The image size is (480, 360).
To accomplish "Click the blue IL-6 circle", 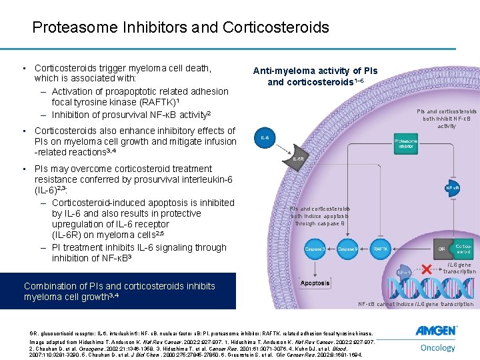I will coord(265,138).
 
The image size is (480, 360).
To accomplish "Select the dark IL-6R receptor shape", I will coord(299,159).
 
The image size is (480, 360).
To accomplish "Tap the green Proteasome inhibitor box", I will coord(406,144).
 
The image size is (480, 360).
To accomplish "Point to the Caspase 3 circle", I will coord(315,249).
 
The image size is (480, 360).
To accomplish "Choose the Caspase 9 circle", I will coord(347,249).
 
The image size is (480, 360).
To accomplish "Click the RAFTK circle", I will coord(381,249).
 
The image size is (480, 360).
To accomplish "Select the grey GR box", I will coord(441,249).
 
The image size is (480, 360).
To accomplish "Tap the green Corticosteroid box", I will coord(462,249).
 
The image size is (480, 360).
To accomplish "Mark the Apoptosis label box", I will coord(315,283).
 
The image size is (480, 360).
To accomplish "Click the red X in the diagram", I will coord(424,269).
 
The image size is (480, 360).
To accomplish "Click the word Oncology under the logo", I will coord(437,347).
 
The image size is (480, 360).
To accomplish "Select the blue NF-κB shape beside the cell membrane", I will coord(453,189).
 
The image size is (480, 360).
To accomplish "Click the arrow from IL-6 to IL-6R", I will coord(281,149).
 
